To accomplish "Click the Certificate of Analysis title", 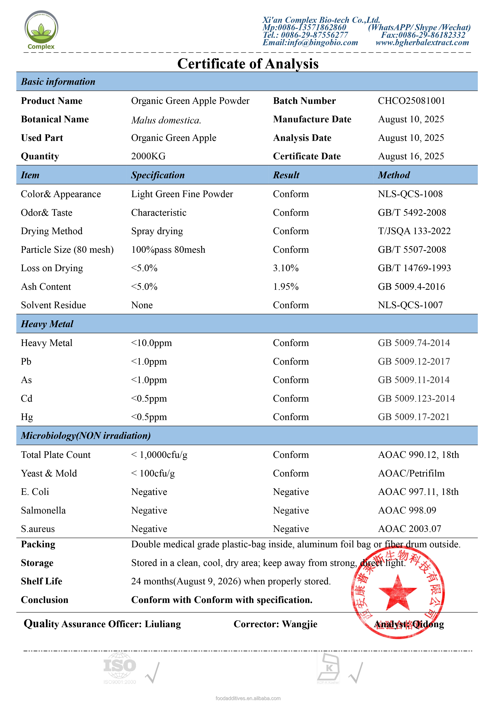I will point(248,64).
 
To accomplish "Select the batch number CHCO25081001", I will point(411,101).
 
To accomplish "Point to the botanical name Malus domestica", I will point(166,120).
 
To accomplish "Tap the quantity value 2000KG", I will point(148,156).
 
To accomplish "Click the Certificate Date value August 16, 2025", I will point(411,156).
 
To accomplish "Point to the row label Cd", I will point(27,398).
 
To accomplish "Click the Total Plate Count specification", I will point(159,455).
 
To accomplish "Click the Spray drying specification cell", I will point(157,231).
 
